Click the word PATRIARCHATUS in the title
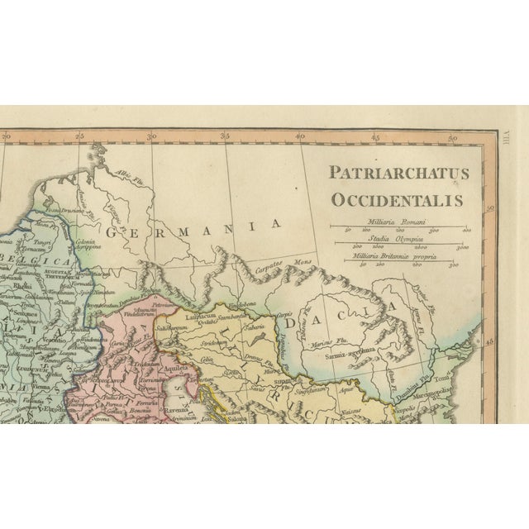[x=398, y=174]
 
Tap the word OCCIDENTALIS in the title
[x=398, y=199]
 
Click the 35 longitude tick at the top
[x=224, y=137]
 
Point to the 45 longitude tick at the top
[x=375, y=137]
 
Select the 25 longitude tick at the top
[x=79, y=137]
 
